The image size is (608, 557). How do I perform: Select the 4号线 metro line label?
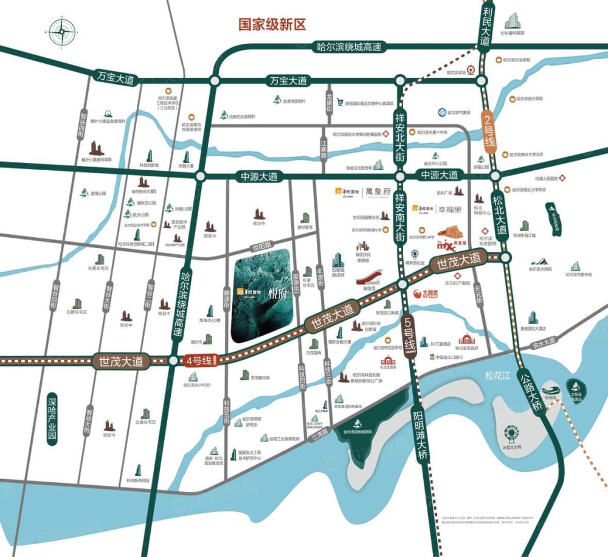[x=199, y=360]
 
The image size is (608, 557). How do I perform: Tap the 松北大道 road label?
[x=500, y=215]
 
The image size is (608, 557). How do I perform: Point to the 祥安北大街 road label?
[x=399, y=131]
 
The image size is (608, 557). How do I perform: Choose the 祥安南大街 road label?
[x=399, y=216]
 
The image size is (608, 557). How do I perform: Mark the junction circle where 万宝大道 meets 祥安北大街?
[x=399, y=81]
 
